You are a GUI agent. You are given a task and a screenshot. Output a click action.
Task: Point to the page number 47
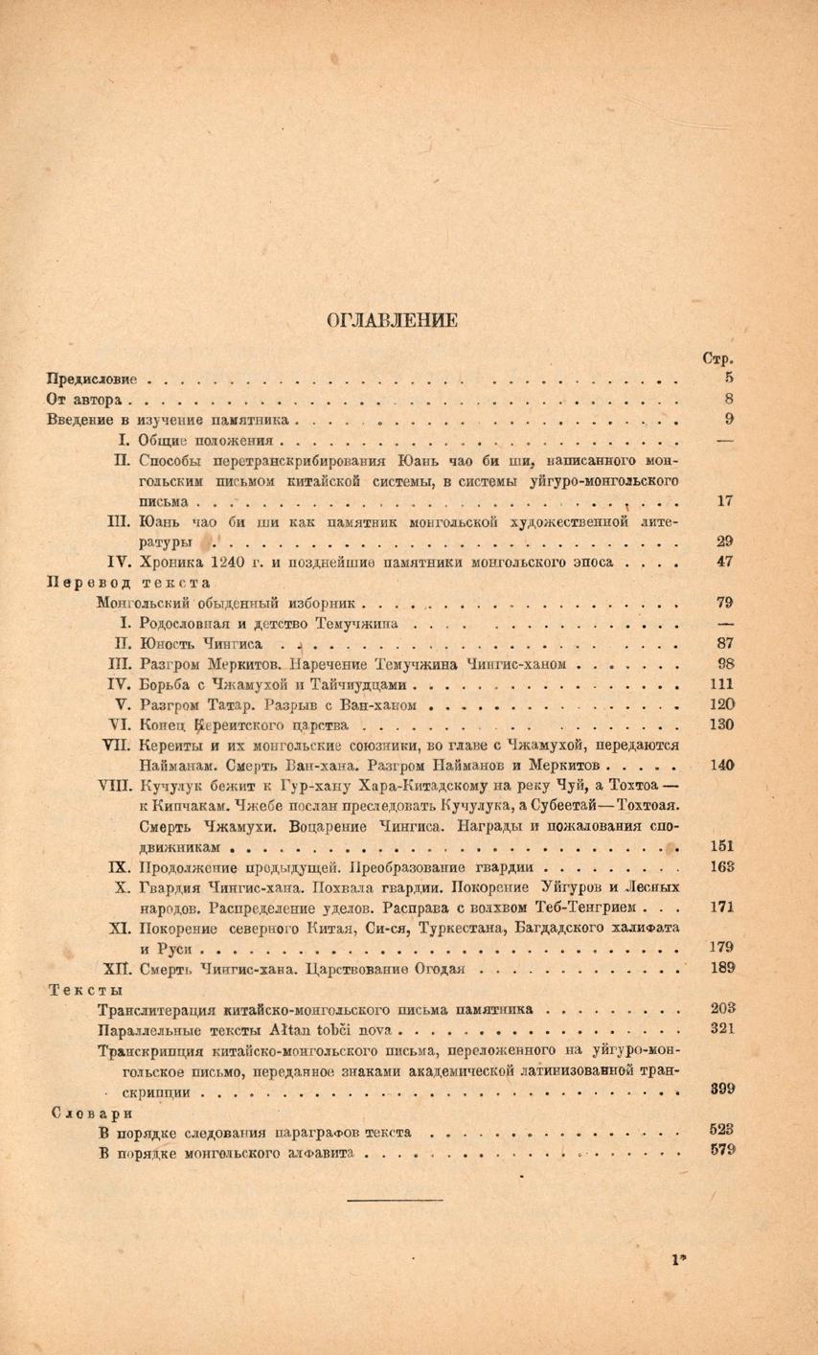(x=724, y=562)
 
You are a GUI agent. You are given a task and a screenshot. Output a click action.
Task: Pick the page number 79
(x=724, y=602)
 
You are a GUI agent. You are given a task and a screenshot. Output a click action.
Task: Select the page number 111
(x=723, y=682)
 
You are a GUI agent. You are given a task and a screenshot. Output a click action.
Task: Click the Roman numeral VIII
(x=116, y=785)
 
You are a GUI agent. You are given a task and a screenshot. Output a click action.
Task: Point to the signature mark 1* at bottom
(x=681, y=1260)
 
